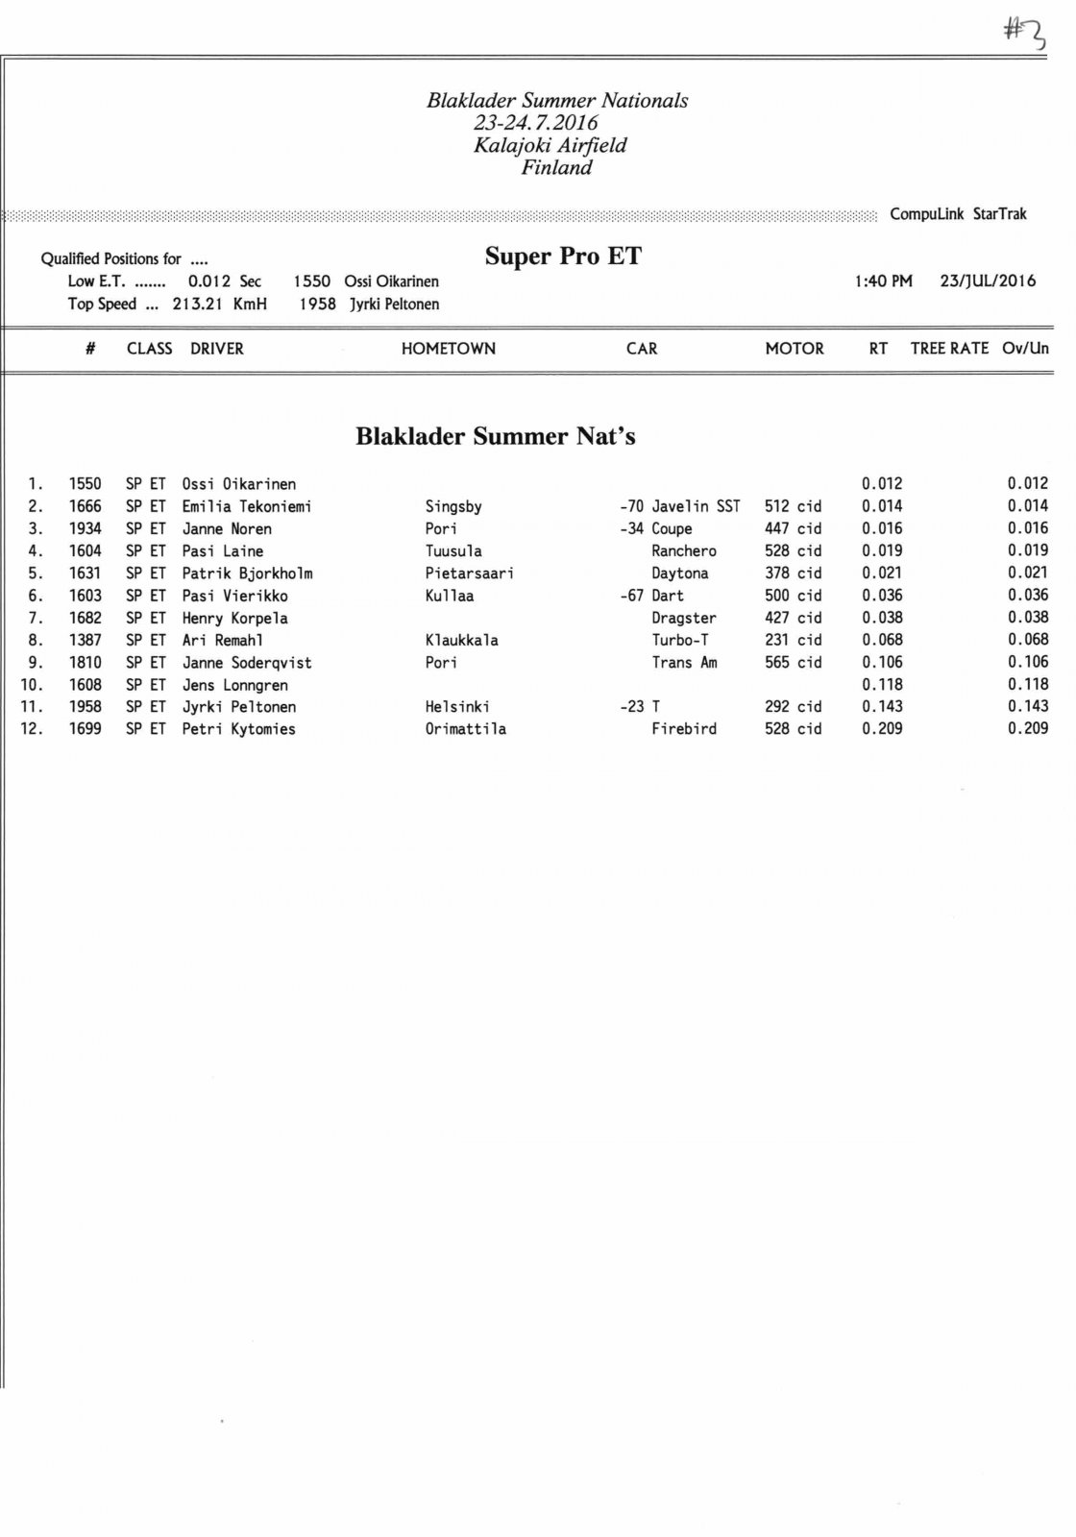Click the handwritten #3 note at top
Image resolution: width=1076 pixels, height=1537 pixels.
pos(1024,34)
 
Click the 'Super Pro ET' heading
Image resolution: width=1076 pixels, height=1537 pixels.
pos(563,256)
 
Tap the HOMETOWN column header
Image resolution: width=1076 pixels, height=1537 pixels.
pos(449,349)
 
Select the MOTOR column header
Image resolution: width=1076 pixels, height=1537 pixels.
pos(795,349)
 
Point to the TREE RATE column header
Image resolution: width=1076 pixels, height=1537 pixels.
pos(949,349)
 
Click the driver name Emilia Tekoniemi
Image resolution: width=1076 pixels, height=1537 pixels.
pos(247,506)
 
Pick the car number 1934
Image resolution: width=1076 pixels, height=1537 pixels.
pos(85,528)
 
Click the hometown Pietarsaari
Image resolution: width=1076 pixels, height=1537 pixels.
pos(470,573)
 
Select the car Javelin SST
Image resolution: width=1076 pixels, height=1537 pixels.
pos(696,506)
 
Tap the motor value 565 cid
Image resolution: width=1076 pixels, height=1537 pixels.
pos(793,663)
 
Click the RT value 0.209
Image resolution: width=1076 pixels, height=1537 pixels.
pos(882,729)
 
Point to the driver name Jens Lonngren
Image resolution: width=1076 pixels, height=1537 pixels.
pos(235,685)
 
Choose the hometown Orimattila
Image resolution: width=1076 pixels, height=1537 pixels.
pos(466,729)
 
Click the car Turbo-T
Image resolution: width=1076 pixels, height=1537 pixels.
pos(680,640)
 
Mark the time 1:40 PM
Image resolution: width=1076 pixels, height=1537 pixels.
pos(883,281)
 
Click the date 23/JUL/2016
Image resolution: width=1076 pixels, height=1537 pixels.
pos(988,281)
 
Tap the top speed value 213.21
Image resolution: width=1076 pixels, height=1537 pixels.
pos(198,305)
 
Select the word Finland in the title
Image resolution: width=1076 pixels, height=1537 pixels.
pos(557,168)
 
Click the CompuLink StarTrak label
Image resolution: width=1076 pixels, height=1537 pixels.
pos(958,214)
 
